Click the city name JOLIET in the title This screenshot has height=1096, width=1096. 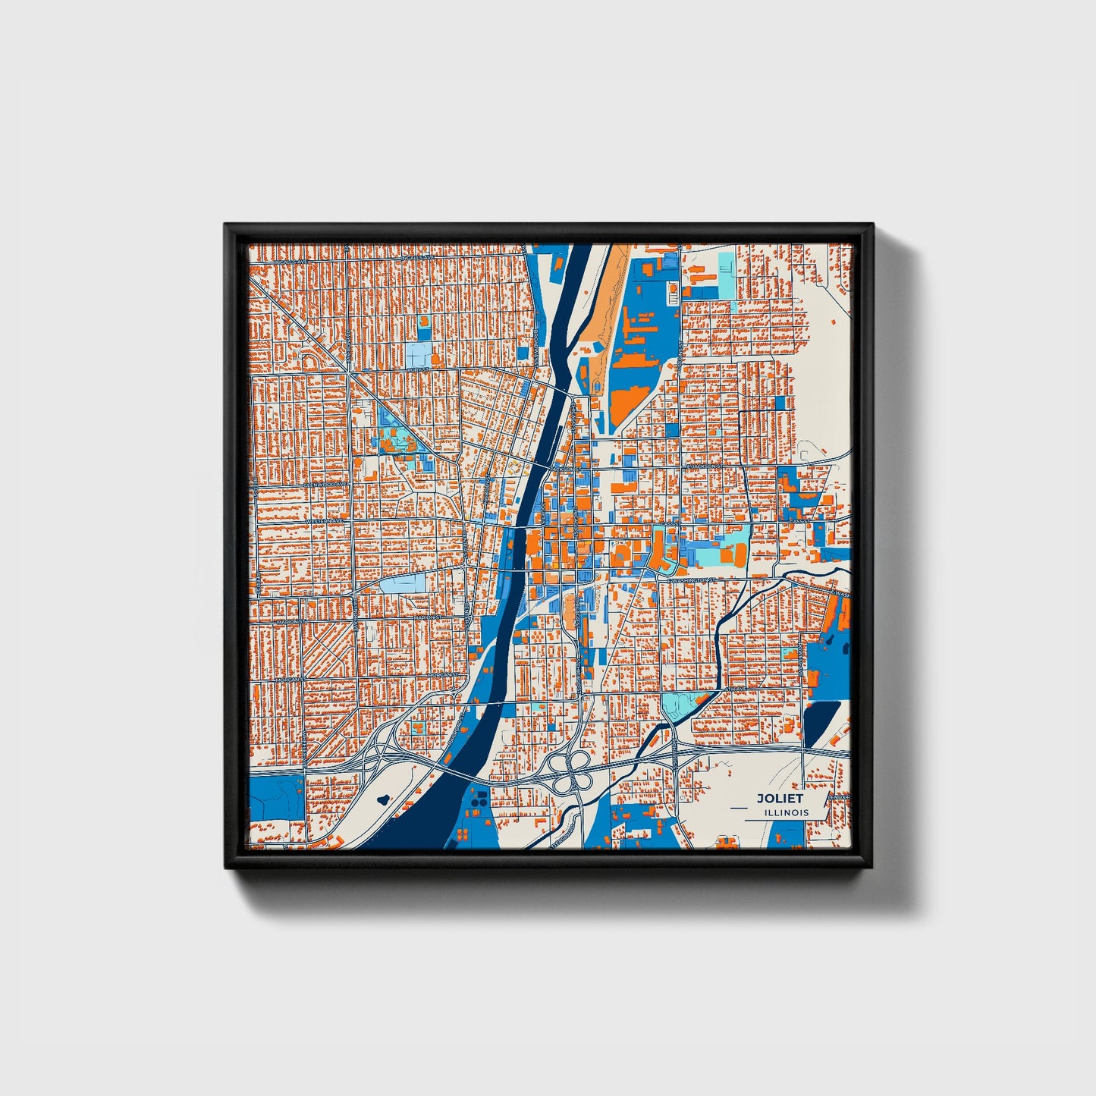point(780,799)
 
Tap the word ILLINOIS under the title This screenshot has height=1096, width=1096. point(787,812)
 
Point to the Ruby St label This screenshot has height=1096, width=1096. point(418,369)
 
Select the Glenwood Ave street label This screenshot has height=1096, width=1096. point(325,483)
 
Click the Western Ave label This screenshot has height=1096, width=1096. point(323,522)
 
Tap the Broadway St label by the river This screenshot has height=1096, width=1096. point(535,350)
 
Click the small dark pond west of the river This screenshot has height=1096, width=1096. point(382,799)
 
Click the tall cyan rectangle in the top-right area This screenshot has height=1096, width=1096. point(726,274)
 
